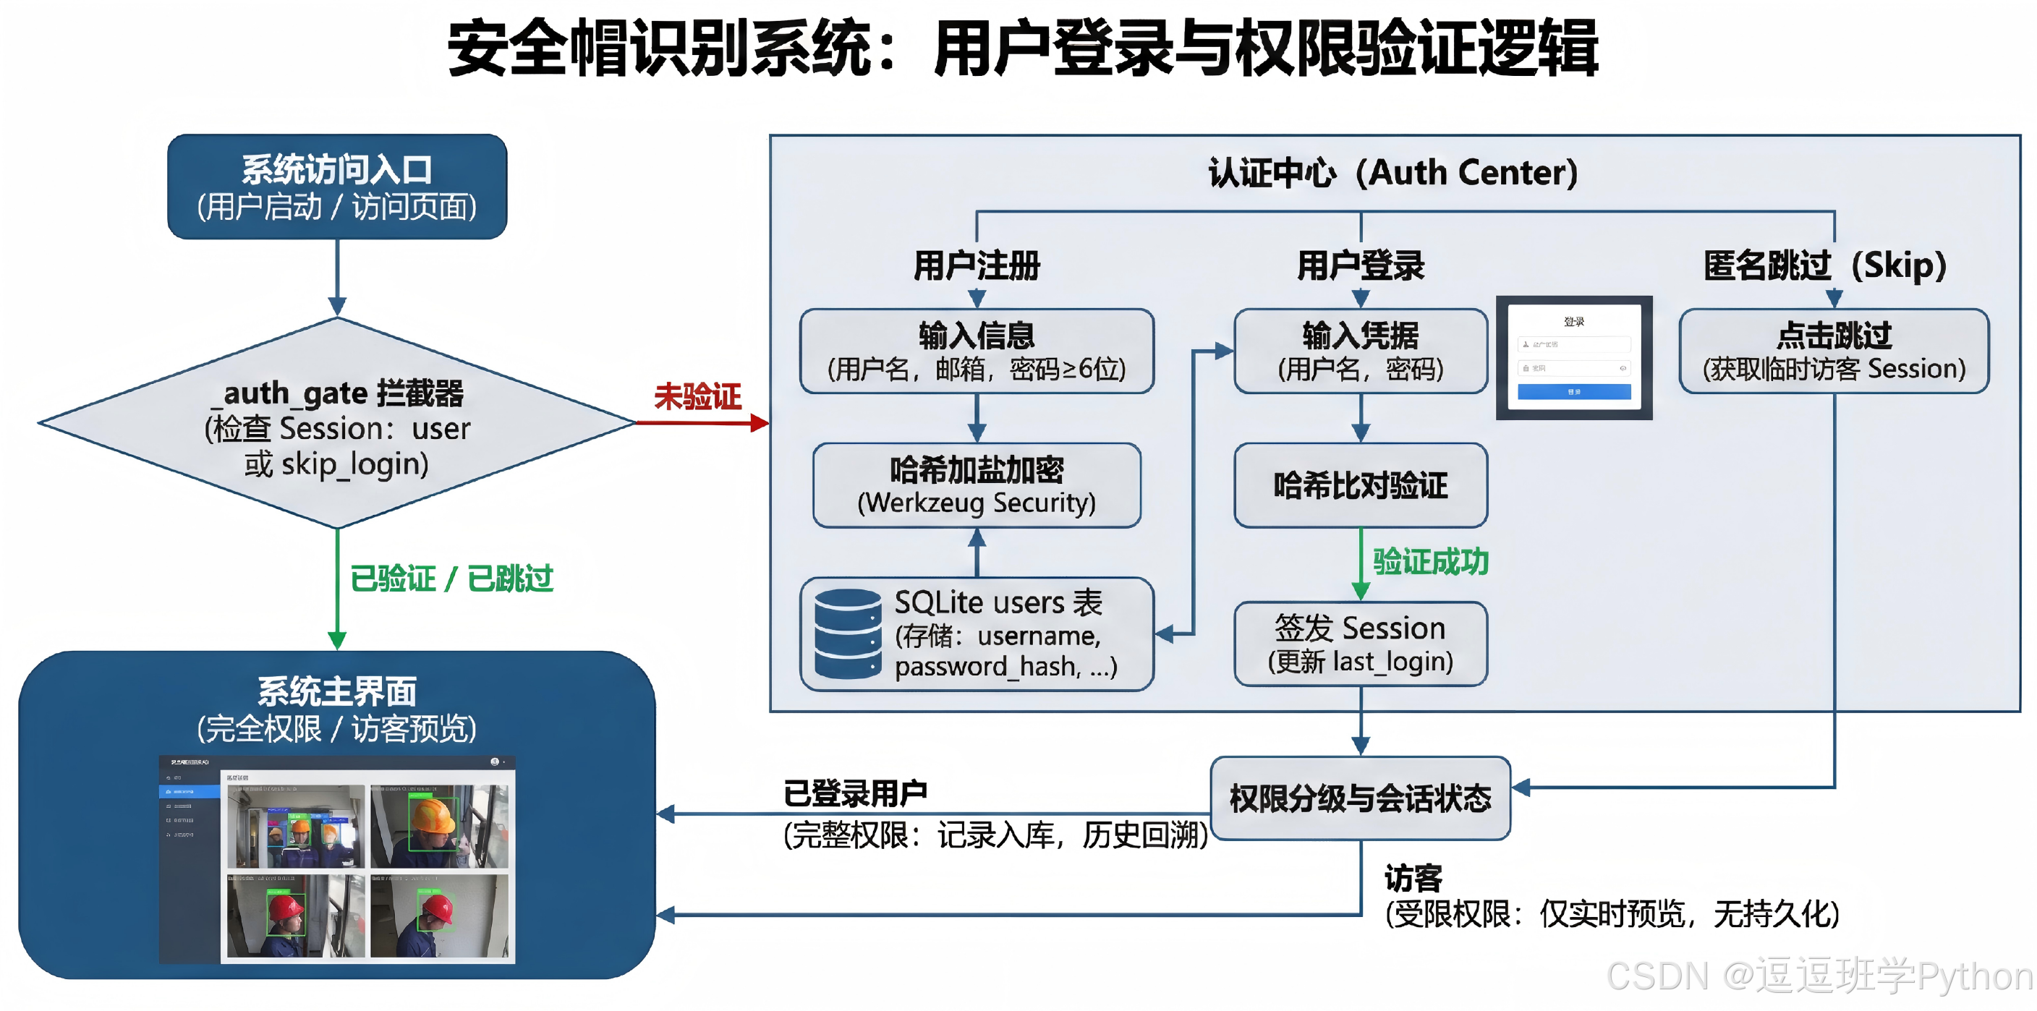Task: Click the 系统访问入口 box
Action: pyautogui.click(x=337, y=187)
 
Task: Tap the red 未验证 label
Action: pyautogui.click(x=697, y=396)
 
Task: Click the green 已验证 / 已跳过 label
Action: pyautogui.click(x=451, y=579)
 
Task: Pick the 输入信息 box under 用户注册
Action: pyautogui.click(x=977, y=351)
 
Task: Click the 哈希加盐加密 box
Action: pyautogui.click(x=977, y=485)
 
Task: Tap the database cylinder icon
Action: pyautogui.click(x=847, y=634)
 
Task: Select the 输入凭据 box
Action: pyautogui.click(x=1360, y=351)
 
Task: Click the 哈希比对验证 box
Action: pyautogui.click(x=1360, y=485)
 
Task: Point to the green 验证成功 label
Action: pyautogui.click(x=1429, y=561)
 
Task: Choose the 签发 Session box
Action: pyautogui.click(x=1360, y=644)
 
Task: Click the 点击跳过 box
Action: pyautogui.click(x=1833, y=351)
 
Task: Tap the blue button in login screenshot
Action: pyautogui.click(x=1573, y=391)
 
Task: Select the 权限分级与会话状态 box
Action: pyautogui.click(x=1360, y=798)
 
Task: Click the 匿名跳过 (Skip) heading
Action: pyautogui.click(x=1824, y=265)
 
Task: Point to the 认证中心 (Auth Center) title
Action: pyautogui.click(x=1392, y=172)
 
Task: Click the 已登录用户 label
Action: pyautogui.click(x=855, y=793)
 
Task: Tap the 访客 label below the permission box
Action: pyautogui.click(x=1412, y=877)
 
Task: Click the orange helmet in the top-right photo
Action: pyautogui.click(x=431, y=816)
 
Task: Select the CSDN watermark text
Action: pyautogui.click(x=1819, y=976)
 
